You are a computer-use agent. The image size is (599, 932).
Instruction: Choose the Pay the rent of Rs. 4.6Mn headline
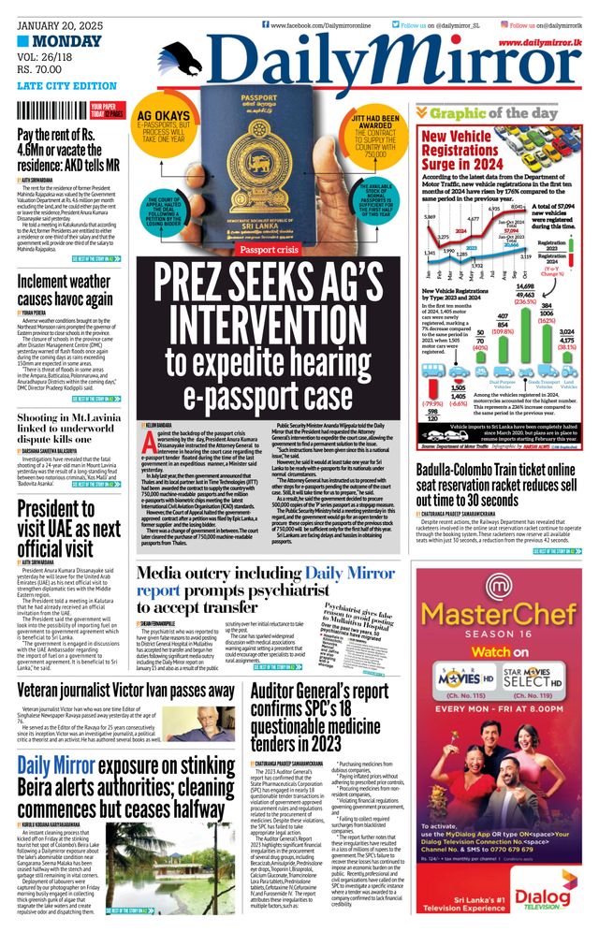pyautogui.click(x=70, y=153)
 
